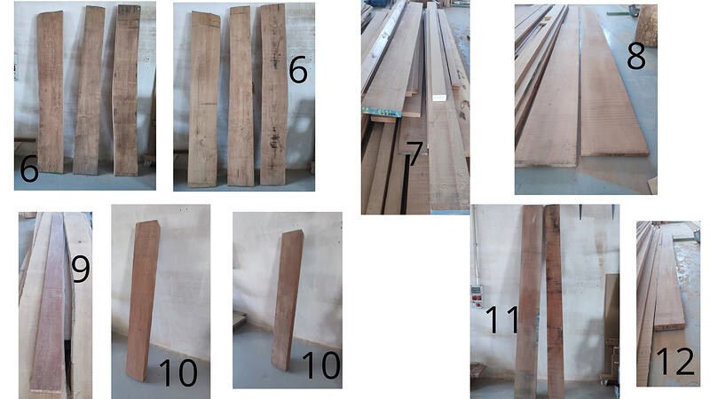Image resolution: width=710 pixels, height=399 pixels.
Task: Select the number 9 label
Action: click(80, 270)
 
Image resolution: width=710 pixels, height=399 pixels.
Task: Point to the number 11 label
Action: click(501, 319)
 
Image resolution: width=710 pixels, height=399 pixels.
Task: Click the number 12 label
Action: click(674, 362)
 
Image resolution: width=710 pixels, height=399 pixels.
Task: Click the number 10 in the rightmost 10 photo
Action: click(320, 365)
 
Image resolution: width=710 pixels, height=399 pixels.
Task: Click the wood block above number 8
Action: click(647, 25)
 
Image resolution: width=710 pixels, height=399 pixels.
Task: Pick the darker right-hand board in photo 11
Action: click(554, 301)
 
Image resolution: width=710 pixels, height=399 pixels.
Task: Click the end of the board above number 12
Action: click(669, 325)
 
